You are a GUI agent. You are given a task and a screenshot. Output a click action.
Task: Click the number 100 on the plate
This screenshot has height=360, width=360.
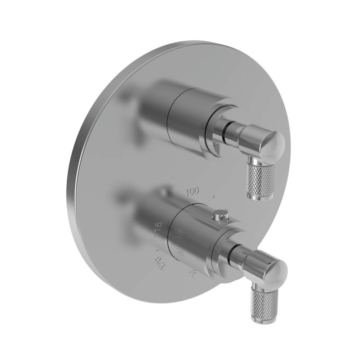tap(192, 191)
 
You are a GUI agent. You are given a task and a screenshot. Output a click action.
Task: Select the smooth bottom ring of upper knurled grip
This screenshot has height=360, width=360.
tap(260, 196)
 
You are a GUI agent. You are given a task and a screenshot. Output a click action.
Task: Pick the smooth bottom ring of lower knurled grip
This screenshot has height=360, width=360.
tap(265, 320)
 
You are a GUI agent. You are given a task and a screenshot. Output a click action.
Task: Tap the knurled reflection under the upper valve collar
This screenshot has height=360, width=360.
tap(216, 148)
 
